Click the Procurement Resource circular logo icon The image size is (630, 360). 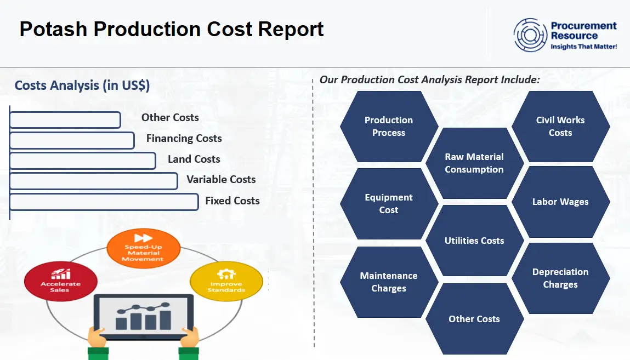click(x=530, y=35)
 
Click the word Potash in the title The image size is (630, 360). click(x=53, y=29)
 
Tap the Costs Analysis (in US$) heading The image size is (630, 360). click(x=82, y=85)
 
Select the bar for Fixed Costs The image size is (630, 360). click(x=104, y=202)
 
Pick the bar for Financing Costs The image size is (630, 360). click(x=72, y=140)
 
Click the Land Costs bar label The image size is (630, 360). click(x=194, y=159)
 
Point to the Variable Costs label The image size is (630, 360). click(x=221, y=180)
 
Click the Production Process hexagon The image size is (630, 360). click(x=389, y=127)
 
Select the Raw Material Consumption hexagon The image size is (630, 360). click(x=474, y=163)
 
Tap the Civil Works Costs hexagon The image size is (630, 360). click(x=560, y=127)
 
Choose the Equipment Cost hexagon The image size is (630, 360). click(x=389, y=204)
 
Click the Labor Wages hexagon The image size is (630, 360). click(x=560, y=202)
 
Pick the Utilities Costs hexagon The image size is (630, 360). click(x=474, y=241)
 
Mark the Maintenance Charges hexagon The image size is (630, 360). click(x=389, y=282)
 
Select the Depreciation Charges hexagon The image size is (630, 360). click(x=560, y=278)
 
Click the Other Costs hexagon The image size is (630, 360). click(x=474, y=319)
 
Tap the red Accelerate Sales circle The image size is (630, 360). click(x=61, y=281)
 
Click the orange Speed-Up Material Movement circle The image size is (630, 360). click(x=143, y=249)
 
